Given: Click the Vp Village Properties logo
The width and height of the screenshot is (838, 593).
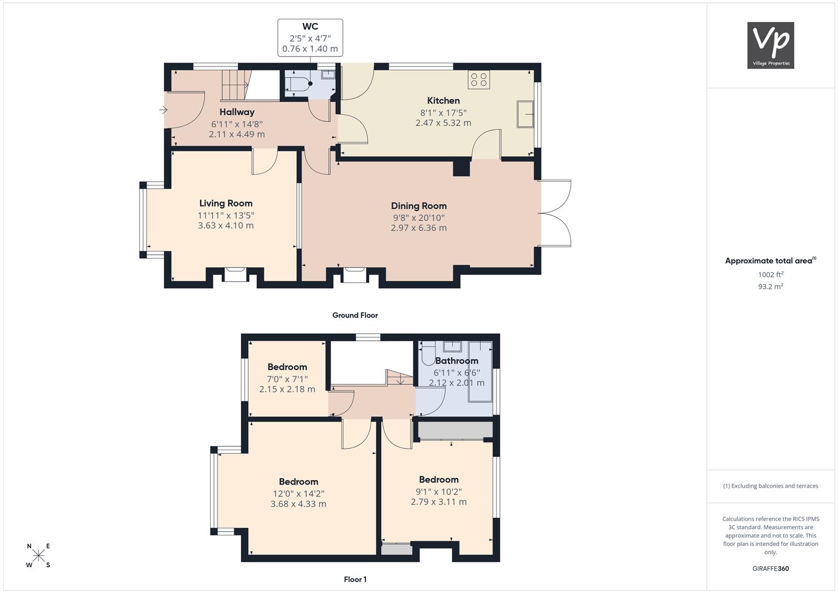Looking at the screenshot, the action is point(770,45).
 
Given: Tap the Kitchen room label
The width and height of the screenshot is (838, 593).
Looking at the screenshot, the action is point(443,100).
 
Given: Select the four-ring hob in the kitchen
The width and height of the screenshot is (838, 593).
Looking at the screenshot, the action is point(479,80).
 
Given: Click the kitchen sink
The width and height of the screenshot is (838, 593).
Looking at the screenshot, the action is point(525,114).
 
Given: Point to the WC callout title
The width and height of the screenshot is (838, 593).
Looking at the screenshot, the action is point(310,26).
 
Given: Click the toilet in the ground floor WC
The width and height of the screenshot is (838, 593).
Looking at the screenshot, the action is point(299,83).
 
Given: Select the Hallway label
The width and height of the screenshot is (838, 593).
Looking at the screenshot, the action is point(237,112).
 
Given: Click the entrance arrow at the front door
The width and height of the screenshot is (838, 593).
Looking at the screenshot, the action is point(163,110).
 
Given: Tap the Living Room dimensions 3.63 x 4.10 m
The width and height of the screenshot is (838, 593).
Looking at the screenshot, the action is point(226,225).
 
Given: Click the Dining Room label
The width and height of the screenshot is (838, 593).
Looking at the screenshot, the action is point(419,206).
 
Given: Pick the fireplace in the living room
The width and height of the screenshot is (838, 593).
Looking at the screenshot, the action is point(235,275).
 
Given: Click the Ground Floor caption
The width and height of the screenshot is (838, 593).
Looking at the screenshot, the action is point(355,315).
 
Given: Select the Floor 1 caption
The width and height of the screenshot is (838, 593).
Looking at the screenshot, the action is point(355,579).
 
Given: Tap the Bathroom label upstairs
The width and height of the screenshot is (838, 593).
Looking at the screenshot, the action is point(457,361).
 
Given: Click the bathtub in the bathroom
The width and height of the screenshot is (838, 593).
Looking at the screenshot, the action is point(481,371).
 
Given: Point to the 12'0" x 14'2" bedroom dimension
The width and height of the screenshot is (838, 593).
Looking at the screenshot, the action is point(299,494).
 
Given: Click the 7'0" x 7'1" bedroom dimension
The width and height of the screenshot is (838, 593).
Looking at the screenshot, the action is point(288,379).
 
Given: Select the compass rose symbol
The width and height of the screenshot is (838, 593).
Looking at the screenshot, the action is point(38,555).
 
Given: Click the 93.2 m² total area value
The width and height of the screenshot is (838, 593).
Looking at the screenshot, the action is point(770,287).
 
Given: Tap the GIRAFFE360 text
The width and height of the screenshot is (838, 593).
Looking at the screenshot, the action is point(770,569).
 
